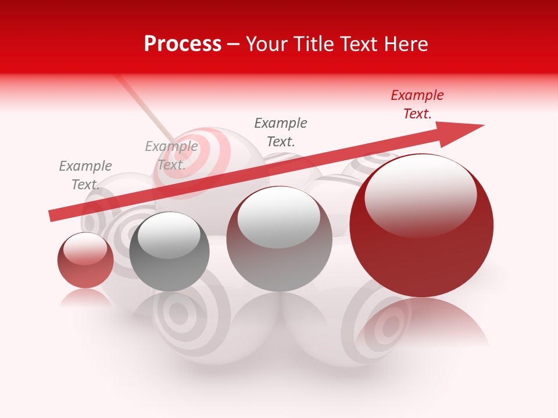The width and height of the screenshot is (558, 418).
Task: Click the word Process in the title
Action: tap(183, 44)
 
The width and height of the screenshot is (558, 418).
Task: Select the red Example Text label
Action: tap(417, 105)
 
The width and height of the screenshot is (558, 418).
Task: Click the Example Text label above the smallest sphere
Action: tap(85, 175)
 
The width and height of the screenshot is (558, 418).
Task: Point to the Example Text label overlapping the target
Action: tap(171, 156)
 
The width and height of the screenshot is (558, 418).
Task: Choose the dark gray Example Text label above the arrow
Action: tap(281, 132)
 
